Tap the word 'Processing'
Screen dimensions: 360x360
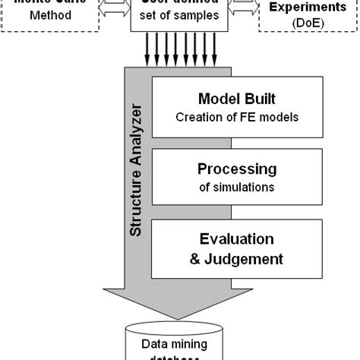pos(236,169)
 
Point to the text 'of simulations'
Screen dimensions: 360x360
pos(236,186)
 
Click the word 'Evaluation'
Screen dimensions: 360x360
pos(236,239)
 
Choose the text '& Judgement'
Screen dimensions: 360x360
pos(236,258)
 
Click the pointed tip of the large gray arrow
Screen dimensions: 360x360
pos(179,319)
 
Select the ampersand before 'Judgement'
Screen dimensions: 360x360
pos(194,258)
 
